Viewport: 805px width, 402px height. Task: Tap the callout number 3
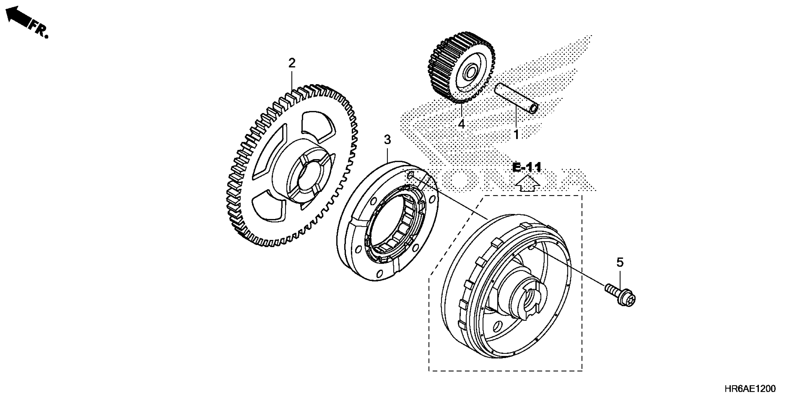pyautogui.click(x=387, y=140)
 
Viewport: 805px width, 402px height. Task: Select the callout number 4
pyautogui.click(x=461, y=124)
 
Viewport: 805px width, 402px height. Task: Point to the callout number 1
pyautogui.click(x=516, y=135)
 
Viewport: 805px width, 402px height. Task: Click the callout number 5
pyautogui.click(x=620, y=262)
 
